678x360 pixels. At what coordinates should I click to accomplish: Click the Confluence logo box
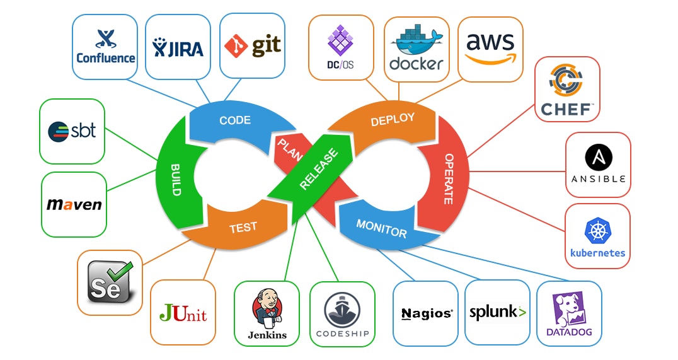pos(105,47)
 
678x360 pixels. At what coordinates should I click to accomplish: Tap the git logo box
pos(252,47)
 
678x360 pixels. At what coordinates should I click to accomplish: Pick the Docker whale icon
pos(416,42)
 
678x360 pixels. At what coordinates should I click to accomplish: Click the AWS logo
pos(490,47)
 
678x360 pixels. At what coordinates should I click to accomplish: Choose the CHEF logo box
pos(567,89)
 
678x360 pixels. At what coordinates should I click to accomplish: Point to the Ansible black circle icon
pos(598,156)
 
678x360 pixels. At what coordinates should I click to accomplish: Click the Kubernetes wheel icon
pos(597,231)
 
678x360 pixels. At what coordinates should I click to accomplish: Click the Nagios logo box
pos(426,313)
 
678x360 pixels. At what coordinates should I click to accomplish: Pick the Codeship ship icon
pos(342,309)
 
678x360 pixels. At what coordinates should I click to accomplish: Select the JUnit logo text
pos(183,313)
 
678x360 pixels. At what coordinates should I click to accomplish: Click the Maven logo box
pos(74,204)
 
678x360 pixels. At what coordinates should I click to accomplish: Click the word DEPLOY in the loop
pos(393,119)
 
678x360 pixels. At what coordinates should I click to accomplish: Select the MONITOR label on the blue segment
pos(381,228)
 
